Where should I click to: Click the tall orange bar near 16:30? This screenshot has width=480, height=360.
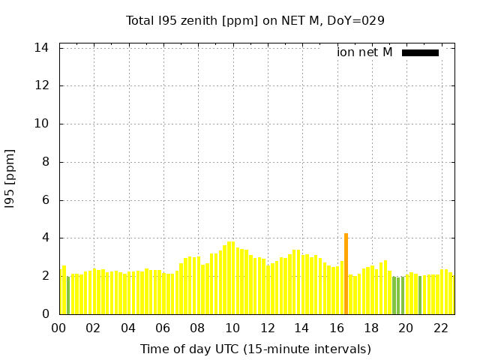tap(346, 274)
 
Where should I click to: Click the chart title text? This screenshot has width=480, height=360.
tap(255, 20)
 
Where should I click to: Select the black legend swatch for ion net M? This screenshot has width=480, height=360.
tap(420, 52)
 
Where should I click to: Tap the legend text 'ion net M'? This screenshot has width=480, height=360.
tap(364, 52)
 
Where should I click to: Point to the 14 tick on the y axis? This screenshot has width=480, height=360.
tap(42, 47)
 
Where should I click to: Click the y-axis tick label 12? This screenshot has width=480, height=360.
tap(42, 85)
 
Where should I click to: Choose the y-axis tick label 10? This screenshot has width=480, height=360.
tap(42, 124)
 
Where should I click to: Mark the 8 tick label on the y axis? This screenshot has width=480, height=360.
tap(46, 162)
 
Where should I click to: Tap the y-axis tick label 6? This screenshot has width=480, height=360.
tap(46, 200)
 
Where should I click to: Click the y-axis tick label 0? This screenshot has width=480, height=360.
tap(46, 314)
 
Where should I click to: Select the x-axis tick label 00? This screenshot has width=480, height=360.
tap(58, 328)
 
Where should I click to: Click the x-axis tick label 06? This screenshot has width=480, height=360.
tap(163, 328)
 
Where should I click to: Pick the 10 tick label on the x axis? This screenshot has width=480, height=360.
tap(232, 328)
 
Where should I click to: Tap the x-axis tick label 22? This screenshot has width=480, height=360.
tap(441, 328)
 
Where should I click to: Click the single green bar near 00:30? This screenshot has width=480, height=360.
tap(68, 295)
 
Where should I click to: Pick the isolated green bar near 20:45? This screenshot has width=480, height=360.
tap(420, 295)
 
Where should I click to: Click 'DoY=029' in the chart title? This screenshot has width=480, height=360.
tap(358, 20)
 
